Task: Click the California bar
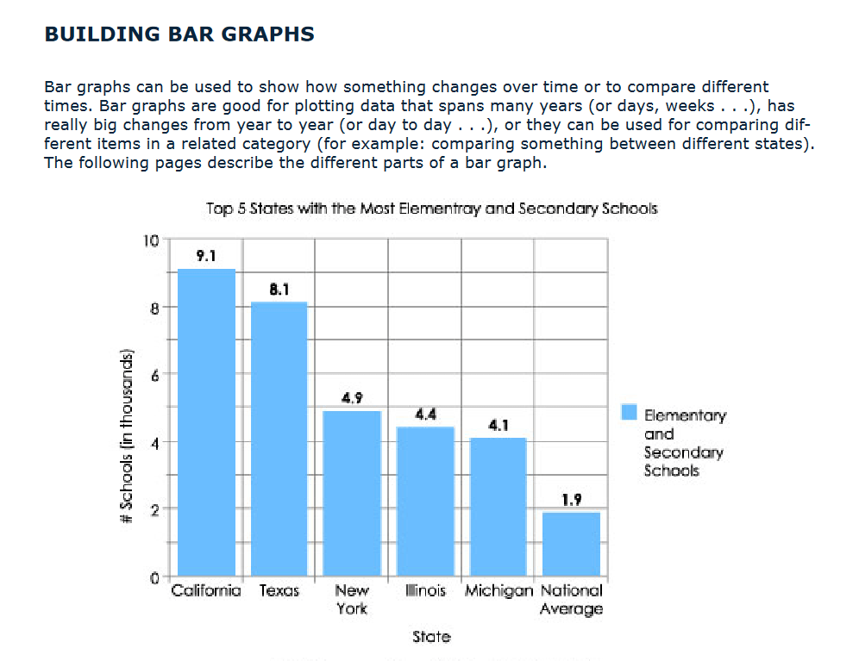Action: [x=207, y=422]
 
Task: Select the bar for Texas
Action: [x=279, y=439]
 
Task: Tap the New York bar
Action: [x=352, y=493]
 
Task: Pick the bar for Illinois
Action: [x=425, y=501]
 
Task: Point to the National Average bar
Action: [x=571, y=544]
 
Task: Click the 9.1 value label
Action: [x=207, y=255]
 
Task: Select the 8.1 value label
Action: [x=279, y=290]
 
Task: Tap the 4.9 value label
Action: [x=352, y=398]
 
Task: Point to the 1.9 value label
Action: [x=571, y=499]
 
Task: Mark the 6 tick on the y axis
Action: [x=154, y=374]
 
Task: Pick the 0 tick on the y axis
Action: [x=154, y=577]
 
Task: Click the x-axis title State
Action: [x=431, y=637]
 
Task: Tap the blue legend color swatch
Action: [x=629, y=413]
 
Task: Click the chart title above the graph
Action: [x=431, y=209]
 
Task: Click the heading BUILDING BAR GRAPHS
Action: [x=179, y=34]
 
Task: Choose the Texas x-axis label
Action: [x=279, y=591]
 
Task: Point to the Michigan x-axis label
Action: [x=498, y=591]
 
